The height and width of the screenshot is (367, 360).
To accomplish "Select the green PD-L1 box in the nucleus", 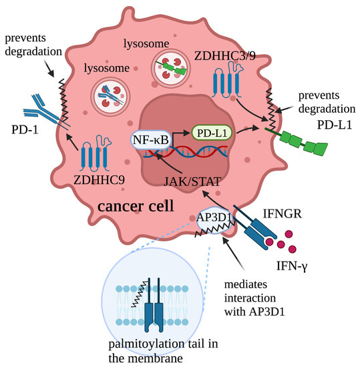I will click(212, 133).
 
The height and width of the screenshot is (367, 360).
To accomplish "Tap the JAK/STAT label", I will click(207, 179).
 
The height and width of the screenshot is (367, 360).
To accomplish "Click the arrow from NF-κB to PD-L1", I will click(179, 134).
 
